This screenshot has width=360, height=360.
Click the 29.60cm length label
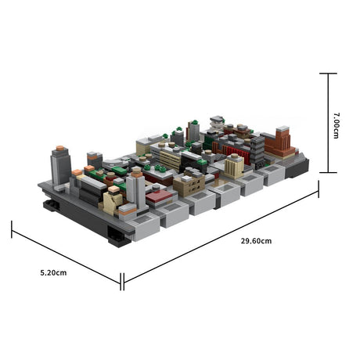(257, 240)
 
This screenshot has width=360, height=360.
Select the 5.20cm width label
(54, 272)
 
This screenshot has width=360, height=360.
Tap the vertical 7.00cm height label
(336, 124)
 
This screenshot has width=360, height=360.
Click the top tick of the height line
(328, 74)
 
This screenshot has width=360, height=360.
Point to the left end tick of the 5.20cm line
(12, 229)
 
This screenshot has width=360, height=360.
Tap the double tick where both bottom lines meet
(122, 280)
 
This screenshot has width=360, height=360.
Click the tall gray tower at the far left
(60, 165)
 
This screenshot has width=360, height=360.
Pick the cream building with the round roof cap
(234, 165)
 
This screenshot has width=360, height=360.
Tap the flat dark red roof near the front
(159, 195)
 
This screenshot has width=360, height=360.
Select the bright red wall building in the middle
(237, 154)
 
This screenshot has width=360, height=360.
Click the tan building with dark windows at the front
(188, 185)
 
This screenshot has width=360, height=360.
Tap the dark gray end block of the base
(298, 164)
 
